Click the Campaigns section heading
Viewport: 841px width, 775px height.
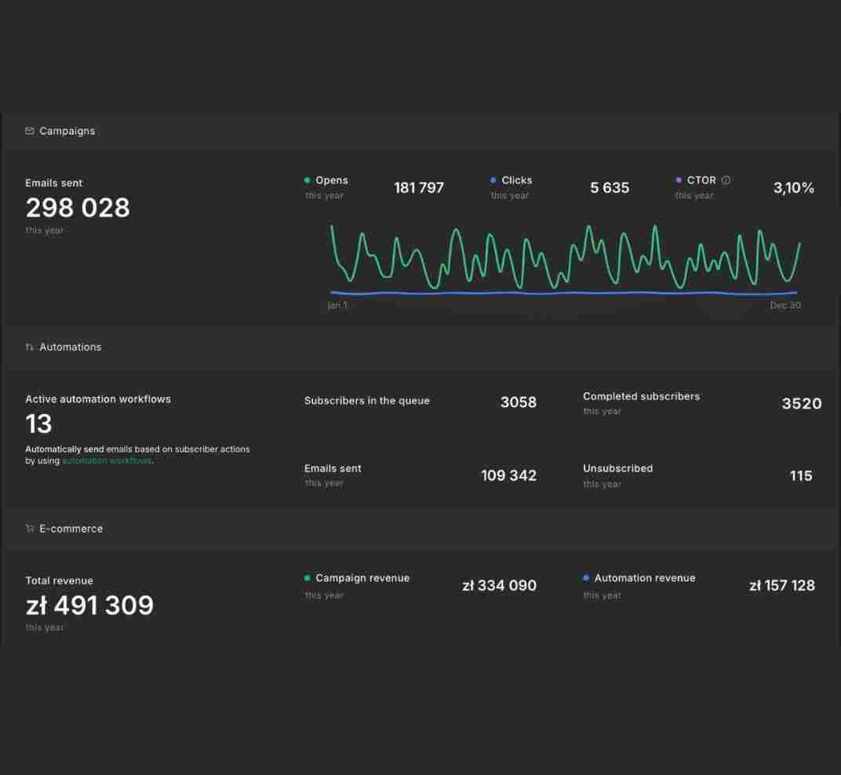(67, 131)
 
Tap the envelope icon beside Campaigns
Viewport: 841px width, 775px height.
(30, 131)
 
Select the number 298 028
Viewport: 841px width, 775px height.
(78, 208)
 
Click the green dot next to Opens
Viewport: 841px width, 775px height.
(308, 180)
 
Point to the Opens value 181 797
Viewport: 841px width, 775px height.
(419, 187)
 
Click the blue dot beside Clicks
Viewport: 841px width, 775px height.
(493, 180)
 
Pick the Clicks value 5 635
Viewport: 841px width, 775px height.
(610, 187)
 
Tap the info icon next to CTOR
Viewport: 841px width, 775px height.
(726, 180)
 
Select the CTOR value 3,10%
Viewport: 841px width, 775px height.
(794, 187)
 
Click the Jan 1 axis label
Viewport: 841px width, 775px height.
(337, 305)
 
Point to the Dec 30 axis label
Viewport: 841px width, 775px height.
(785, 305)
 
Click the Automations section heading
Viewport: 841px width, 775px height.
(71, 347)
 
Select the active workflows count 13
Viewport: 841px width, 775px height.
(38, 424)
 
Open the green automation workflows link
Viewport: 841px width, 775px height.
(107, 460)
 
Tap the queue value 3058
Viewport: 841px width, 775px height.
(518, 402)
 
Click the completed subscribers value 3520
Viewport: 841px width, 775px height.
(801, 403)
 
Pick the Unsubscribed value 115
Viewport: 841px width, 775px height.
(801, 475)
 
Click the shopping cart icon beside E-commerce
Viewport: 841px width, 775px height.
(30, 528)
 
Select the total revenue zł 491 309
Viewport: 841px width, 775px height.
(89, 606)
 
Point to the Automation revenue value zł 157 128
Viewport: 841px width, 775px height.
(782, 586)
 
